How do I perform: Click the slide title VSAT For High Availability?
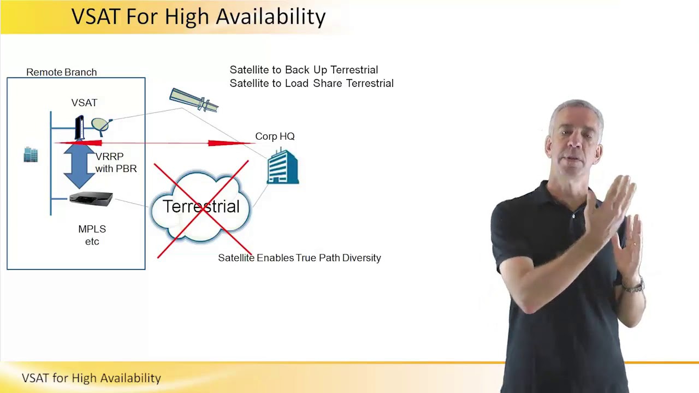pos(198,17)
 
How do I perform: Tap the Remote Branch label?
pos(61,72)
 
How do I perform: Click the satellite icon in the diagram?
pos(194,100)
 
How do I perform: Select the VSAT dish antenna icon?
pos(101,126)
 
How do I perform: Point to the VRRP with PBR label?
pos(116,163)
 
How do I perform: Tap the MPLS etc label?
pos(92,235)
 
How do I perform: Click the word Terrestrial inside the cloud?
pos(201,206)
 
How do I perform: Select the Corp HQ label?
pos(275,136)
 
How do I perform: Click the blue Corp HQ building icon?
pos(283,166)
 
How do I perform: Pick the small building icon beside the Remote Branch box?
pos(31,154)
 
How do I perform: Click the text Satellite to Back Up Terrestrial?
pos(304,70)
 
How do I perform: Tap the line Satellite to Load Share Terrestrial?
pos(311,84)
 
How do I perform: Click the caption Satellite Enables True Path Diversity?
pos(299,258)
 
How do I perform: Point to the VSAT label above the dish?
pos(84,103)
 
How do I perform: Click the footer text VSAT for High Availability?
pos(91,378)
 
